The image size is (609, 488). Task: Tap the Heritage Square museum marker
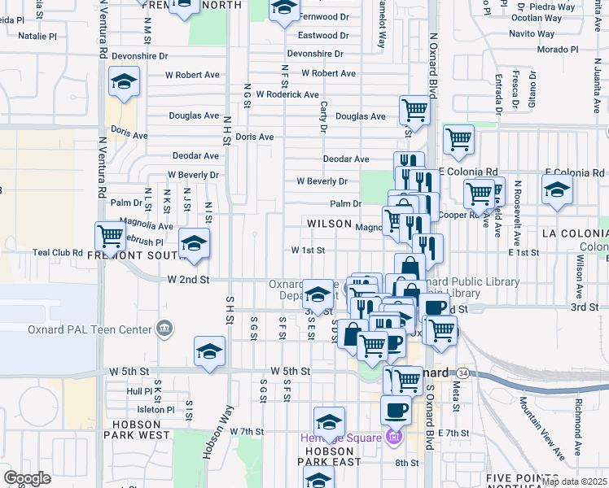(x=394, y=438)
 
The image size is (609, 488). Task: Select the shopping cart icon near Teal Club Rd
(x=110, y=237)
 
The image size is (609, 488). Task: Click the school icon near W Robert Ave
(x=124, y=82)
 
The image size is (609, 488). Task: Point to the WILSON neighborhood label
(x=329, y=224)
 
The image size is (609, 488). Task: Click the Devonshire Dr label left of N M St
(x=139, y=56)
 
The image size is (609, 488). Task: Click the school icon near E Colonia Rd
(x=557, y=190)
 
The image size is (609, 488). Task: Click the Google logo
(x=27, y=478)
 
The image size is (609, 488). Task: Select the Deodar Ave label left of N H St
(x=195, y=155)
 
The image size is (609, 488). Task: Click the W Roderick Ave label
(x=287, y=94)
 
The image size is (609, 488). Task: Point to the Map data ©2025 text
(x=573, y=482)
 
